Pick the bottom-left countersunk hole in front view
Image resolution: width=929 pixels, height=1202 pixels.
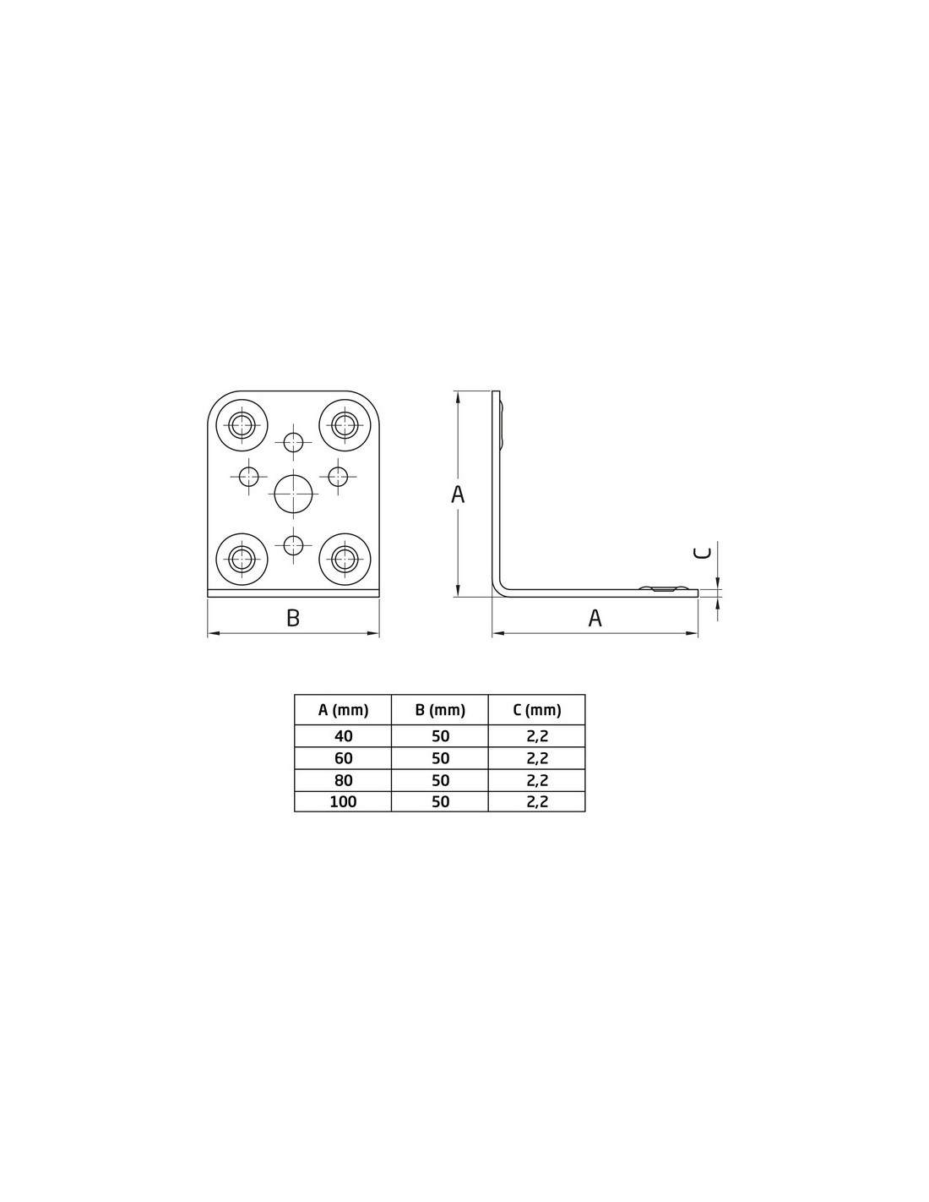[x=242, y=559]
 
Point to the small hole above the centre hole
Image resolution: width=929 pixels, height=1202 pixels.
[x=293, y=442]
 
